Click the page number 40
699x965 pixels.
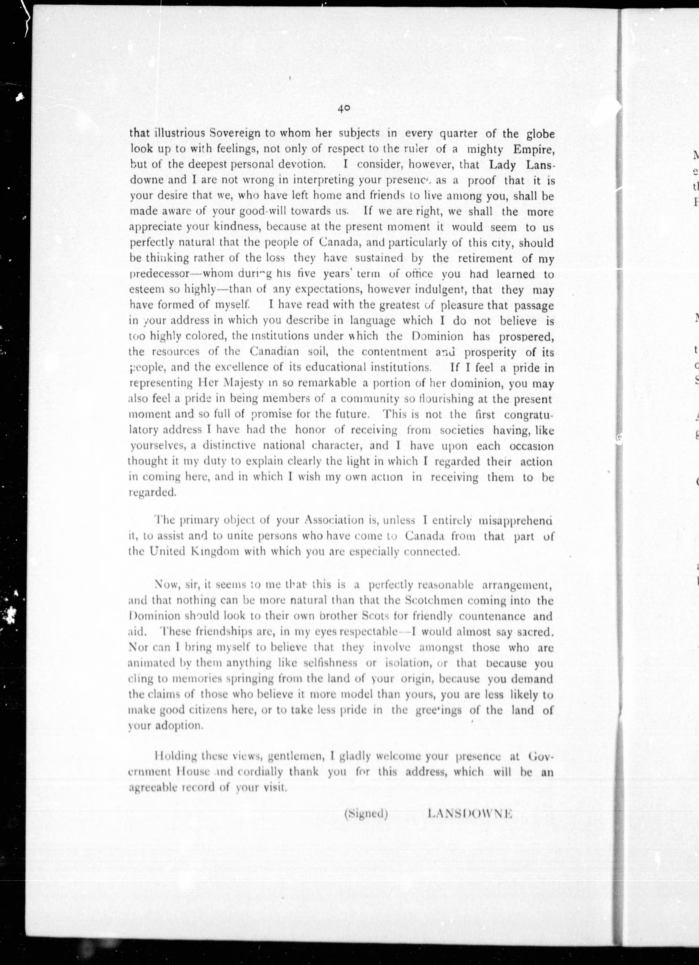point(343,109)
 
